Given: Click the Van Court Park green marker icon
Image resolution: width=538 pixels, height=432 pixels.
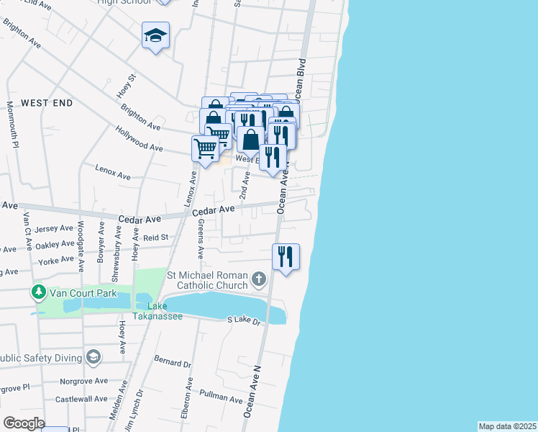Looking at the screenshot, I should pos(37,292).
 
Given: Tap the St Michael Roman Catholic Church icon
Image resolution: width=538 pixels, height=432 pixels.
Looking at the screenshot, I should pos(259,279).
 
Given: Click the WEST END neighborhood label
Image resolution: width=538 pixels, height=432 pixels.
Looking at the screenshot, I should pos(47,103).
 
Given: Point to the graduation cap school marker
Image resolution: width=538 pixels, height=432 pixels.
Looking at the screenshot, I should pos(155,36).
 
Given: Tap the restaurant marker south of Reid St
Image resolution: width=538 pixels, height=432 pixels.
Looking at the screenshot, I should pos(286,256).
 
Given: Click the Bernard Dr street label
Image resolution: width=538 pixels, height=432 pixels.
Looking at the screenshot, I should pos(173,360).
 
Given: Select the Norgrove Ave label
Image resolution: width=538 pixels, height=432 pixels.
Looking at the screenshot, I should pos(84,381).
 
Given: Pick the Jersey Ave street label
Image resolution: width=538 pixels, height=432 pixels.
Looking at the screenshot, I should pos(55,228).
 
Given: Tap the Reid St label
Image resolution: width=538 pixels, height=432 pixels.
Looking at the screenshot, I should pos(155,237).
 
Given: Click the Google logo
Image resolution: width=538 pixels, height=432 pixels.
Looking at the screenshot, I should pos(23,423).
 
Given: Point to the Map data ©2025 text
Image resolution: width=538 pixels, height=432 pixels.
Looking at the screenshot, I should pos(507,426).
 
